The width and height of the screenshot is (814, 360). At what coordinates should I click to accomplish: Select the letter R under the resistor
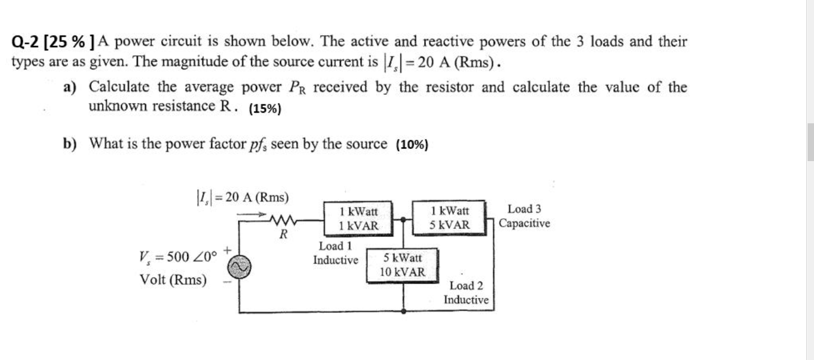click(283, 235)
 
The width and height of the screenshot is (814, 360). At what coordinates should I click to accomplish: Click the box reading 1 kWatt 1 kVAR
click(358, 218)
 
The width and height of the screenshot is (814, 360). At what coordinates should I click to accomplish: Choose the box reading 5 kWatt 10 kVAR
click(403, 265)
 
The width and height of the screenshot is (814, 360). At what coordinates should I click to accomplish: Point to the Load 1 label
click(335, 247)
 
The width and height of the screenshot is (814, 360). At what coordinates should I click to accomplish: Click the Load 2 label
click(466, 286)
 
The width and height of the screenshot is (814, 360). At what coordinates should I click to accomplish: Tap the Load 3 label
click(524, 209)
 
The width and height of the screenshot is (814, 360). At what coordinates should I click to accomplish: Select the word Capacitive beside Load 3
click(524, 223)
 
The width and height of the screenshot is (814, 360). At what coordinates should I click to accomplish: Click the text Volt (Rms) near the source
click(173, 280)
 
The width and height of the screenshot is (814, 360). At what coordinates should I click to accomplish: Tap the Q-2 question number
click(26, 42)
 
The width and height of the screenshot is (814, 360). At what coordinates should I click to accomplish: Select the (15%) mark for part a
click(265, 109)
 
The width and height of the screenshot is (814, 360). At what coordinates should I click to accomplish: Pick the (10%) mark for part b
click(412, 145)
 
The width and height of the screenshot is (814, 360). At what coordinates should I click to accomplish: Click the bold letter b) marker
click(70, 143)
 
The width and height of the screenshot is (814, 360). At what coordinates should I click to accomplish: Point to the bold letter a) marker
click(70, 88)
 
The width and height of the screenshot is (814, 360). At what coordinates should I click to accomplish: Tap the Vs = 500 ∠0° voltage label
click(178, 256)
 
